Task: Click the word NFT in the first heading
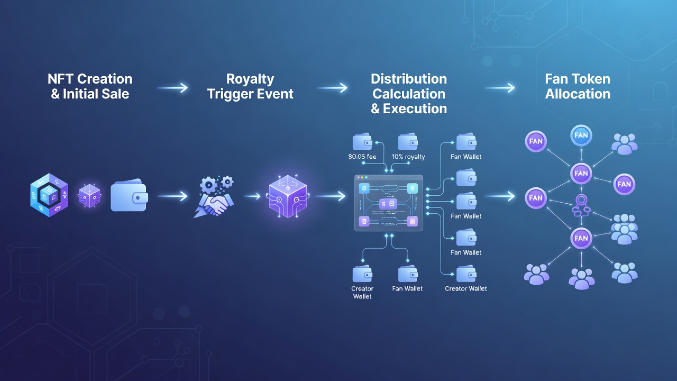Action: coord(60,79)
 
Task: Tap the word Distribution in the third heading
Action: coord(409,79)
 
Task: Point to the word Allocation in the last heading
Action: coord(578,94)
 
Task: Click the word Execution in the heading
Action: coord(415,108)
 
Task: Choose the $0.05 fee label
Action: coord(362,157)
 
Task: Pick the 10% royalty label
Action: coord(408,157)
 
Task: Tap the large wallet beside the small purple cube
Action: coord(129,195)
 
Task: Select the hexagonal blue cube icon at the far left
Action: coord(49,195)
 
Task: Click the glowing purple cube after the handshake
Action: coord(288,196)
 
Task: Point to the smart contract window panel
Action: coord(388,203)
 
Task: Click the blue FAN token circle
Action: coord(581,135)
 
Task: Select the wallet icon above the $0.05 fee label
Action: coord(362,141)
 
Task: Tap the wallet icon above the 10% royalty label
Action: coord(408,141)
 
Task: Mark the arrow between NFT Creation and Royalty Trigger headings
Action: coord(172,88)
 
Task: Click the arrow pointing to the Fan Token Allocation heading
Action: coord(500,88)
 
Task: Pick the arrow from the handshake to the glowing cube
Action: coord(252,196)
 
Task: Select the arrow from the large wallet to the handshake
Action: coord(172,196)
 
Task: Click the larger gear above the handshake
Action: coord(208,185)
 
